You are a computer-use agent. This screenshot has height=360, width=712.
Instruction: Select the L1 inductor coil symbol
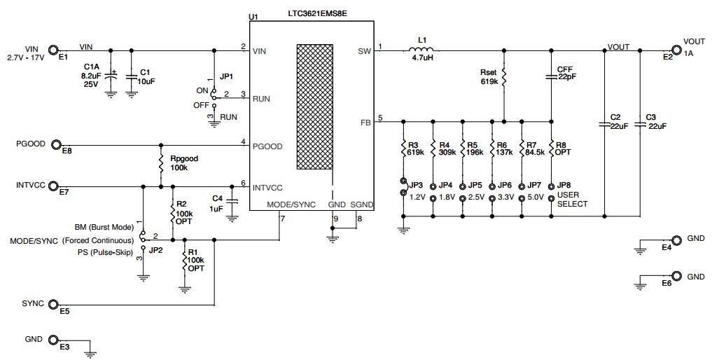point(420,50)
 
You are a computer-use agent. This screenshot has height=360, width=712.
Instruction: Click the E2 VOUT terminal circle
point(676,50)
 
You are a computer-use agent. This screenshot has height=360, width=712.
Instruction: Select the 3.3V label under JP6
point(505,198)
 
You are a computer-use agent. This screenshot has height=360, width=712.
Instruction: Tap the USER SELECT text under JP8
point(573,200)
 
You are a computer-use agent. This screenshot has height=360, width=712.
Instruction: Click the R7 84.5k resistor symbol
point(522,148)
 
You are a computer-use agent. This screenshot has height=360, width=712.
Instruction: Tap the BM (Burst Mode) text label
point(104,228)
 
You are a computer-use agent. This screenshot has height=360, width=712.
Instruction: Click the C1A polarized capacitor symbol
point(110,74)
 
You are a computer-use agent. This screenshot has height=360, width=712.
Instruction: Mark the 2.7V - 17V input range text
point(25,57)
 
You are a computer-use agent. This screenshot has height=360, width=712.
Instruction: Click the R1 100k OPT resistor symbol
point(184,261)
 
